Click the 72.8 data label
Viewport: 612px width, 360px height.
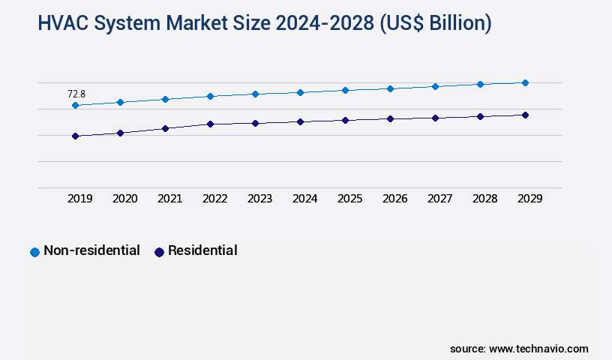(x=76, y=94)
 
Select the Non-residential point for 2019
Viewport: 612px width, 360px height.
(x=75, y=106)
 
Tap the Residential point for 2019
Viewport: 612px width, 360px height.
(x=75, y=136)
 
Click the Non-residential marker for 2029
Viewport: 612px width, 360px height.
(x=525, y=82)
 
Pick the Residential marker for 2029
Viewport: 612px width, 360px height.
(x=525, y=115)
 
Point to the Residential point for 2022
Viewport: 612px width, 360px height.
(x=210, y=124)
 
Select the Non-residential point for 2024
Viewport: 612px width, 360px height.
(x=300, y=92)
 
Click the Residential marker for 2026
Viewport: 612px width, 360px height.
(x=390, y=118)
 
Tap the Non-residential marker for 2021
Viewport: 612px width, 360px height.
(x=165, y=99)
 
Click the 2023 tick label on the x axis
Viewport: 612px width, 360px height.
(x=259, y=199)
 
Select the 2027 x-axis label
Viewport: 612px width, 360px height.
(x=439, y=199)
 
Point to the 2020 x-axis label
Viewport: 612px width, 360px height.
(x=124, y=199)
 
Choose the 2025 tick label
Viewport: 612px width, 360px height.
(x=349, y=199)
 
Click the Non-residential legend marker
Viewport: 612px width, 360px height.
(x=34, y=252)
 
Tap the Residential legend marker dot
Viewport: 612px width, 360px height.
(x=159, y=252)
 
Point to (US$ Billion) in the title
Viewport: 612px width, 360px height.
(x=436, y=24)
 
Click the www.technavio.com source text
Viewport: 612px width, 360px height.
(x=538, y=349)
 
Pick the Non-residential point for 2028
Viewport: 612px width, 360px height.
(x=480, y=84)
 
